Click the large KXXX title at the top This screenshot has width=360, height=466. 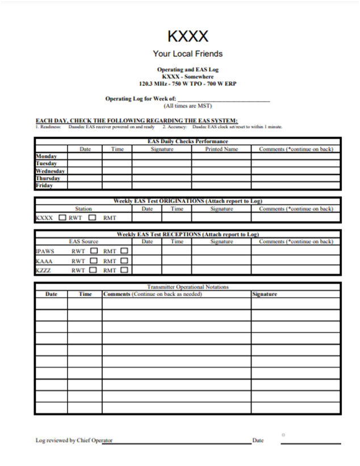(x=187, y=36)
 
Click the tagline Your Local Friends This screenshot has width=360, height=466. (x=187, y=54)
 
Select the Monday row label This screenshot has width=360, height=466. (x=46, y=156)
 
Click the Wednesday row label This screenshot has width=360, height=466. (x=50, y=171)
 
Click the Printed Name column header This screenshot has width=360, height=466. (x=221, y=149)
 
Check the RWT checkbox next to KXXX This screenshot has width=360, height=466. (x=62, y=218)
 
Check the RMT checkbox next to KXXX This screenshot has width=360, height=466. (x=91, y=218)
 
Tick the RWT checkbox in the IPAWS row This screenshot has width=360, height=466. (x=94, y=251)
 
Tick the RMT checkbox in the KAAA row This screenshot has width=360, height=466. (x=124, y=261)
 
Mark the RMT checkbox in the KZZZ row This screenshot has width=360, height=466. (x=124, y=271)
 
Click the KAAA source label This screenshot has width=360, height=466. (x=44, y=261)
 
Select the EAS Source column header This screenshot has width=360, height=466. (x=83, y=242)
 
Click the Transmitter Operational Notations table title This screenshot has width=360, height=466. (x=187, y=287)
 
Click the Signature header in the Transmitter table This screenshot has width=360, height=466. (x=265, y=294)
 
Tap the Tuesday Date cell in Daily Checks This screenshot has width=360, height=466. (x=85, y=164)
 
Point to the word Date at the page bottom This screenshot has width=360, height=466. (x=258, y=440)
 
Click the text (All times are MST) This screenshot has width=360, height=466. (x=187, y=106)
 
